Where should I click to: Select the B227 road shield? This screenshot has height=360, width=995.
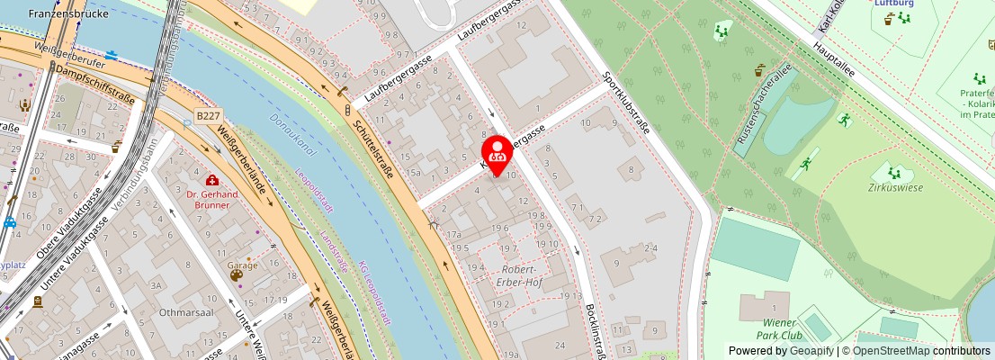(208, 116)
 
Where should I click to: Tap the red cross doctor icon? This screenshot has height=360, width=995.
(212, 180)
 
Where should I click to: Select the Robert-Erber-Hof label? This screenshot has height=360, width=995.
(520, 276)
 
